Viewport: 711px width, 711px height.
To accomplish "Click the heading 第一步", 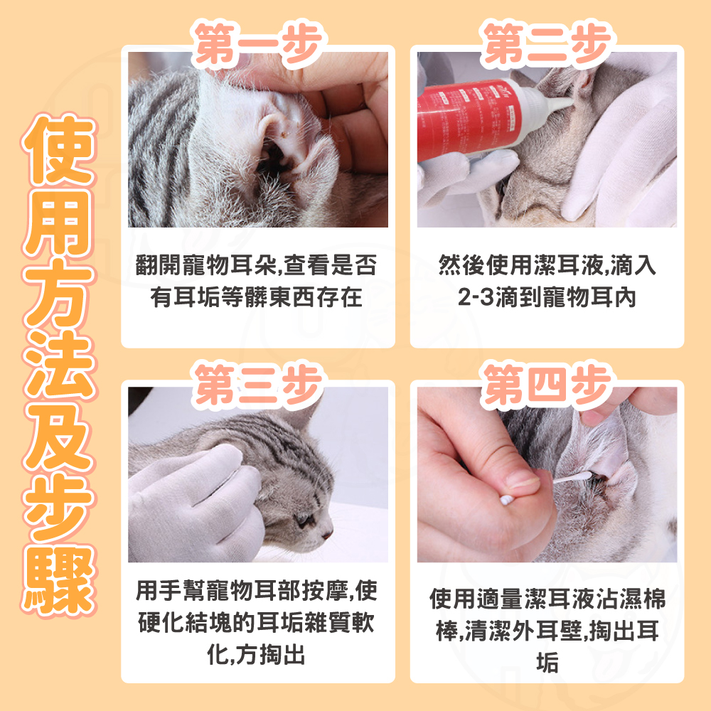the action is tap(259, 43).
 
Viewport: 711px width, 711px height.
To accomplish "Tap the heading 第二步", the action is tap(547, 43).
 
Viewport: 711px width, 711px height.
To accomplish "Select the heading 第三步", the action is tap(259, 385).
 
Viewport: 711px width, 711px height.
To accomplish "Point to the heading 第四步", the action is tap(547, 385).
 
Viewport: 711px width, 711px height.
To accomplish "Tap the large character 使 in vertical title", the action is tap(59, 149).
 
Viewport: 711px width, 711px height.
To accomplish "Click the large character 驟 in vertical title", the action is tap(59, 580).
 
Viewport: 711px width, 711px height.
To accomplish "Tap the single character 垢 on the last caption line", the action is tap(547, 663).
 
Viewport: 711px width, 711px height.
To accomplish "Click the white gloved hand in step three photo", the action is tap(195, 503).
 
